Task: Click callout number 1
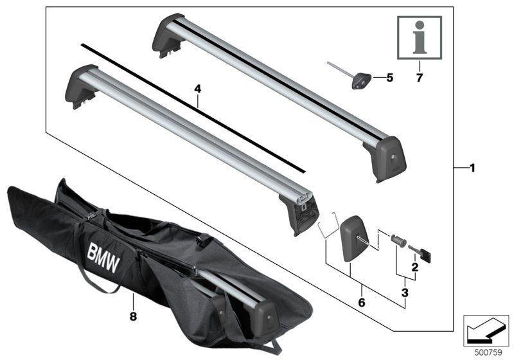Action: (472, 168)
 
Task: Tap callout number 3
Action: (405, 293)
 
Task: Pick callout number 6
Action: (362, 300)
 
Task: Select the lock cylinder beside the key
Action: (396, 242)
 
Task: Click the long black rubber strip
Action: (193, 109)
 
